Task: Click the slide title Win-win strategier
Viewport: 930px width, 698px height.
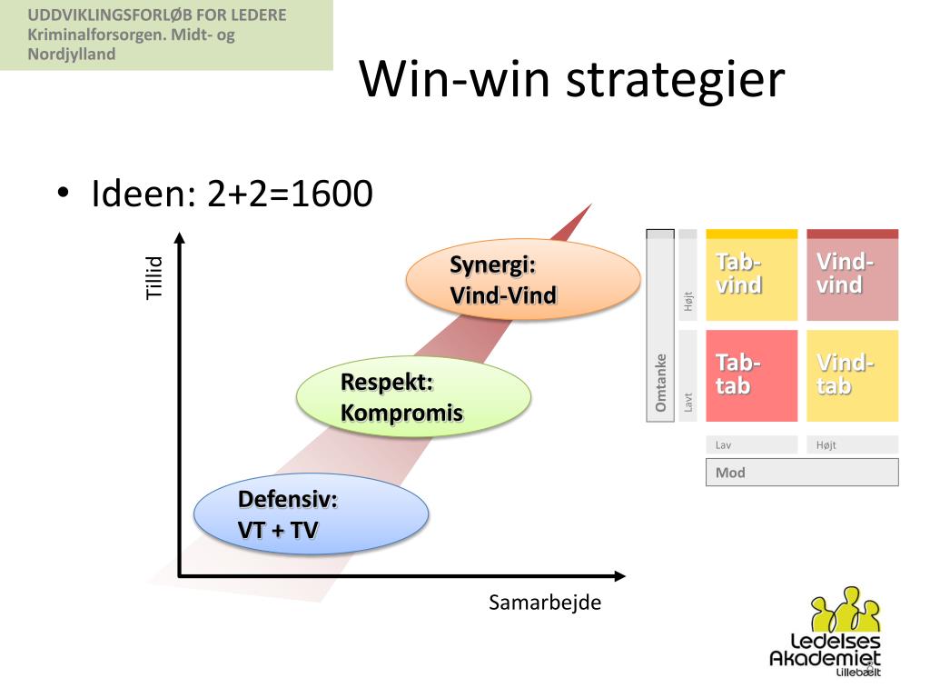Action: (x=571, y=79)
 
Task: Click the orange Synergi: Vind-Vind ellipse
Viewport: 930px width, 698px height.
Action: (x=522, y=281)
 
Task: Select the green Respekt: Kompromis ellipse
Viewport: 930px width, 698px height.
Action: (x=414, y=397)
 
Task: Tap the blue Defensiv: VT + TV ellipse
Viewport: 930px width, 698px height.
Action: (x=311, y=514)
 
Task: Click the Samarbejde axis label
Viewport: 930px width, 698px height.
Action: (x=545, y=603)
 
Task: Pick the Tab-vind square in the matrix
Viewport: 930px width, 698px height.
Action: (x=751, y=275)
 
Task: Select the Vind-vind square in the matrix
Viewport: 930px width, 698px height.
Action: (x=852, y=275)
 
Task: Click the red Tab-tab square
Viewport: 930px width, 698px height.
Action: (x=751, y=375)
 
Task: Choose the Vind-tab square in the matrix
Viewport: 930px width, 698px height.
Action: (x=852, y=375)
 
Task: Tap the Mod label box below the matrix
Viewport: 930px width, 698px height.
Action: (x=801, y=473)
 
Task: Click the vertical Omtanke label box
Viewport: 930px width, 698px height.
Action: (x=660, y=382)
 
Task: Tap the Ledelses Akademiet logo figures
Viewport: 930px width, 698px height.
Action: (x=846, y=610)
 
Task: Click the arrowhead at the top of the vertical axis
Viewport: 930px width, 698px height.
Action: (x=180, y=238)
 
